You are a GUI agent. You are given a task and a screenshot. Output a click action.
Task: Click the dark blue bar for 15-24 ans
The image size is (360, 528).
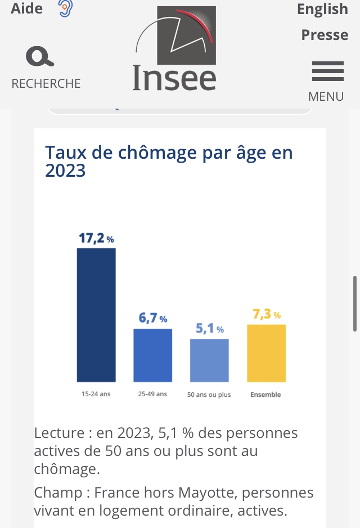pos(96,315)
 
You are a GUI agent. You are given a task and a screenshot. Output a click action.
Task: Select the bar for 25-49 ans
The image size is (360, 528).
pos(152,355)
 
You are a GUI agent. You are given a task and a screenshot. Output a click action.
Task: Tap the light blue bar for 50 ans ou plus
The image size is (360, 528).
pos(209,360)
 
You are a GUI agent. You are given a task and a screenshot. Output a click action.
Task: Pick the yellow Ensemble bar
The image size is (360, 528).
pos(266,353)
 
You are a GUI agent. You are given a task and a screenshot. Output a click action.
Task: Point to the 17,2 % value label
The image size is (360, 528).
pos(96,238)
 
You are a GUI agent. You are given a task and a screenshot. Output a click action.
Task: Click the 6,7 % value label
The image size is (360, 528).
pos(152,319)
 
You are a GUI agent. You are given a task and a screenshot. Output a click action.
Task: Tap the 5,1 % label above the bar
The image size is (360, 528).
pos(209,329)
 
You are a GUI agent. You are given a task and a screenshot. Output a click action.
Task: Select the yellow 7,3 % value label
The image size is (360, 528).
pos(266,315)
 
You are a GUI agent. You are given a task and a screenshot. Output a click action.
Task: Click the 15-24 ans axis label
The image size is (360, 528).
pos(96,394)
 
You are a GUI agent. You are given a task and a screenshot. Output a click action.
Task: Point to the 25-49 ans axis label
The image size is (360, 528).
pos(152,394)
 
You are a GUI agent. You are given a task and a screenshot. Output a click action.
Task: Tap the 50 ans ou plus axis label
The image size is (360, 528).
pos(209,395)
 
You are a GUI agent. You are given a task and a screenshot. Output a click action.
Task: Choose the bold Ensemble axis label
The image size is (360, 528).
pos(265,395)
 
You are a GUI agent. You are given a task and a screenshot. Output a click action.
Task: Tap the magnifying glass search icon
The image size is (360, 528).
pos(40,57)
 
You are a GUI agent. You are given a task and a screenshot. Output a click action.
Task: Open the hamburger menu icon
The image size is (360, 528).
pos(327,71)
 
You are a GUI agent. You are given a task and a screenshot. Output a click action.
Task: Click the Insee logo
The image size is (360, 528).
pos(175,49)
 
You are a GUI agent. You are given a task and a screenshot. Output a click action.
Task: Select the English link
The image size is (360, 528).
pos(322,9)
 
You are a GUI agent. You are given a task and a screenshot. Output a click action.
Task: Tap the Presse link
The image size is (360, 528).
pos(325,35)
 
